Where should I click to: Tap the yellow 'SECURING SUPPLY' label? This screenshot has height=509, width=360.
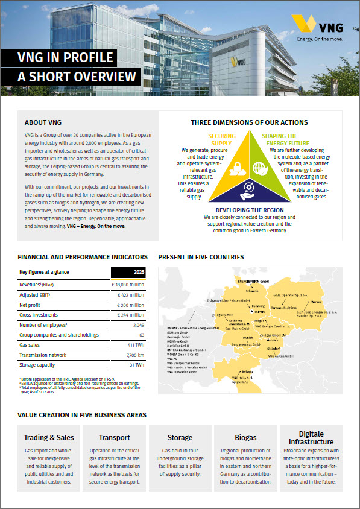click(x=221, y=140)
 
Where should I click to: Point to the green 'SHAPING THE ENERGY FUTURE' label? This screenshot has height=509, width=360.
click(x=280, y=140)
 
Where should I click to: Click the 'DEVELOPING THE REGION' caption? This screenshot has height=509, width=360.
click(x=250, y=210)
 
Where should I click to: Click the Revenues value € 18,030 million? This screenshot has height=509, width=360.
click(x=127, y=283)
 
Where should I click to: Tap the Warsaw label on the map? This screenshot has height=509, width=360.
click(x=318, y=301)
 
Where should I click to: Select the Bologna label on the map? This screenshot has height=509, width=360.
click(x=248, y=371)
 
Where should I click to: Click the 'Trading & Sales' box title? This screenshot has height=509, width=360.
click(x=49, y=437)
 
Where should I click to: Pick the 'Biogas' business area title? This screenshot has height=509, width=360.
click(x=245, y=437)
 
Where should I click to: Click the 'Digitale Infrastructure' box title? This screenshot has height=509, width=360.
click(x=311, y=438)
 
